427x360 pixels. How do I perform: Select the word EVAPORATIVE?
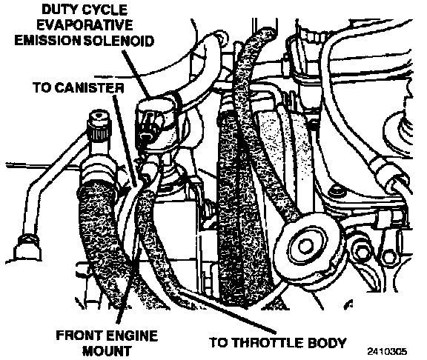coord(85,25)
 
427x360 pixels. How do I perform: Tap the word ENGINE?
coord(131,336)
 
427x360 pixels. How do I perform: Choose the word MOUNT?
coord(107,351)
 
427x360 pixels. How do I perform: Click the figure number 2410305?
coord(387,351)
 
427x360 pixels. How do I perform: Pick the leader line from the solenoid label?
coord(136,74)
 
